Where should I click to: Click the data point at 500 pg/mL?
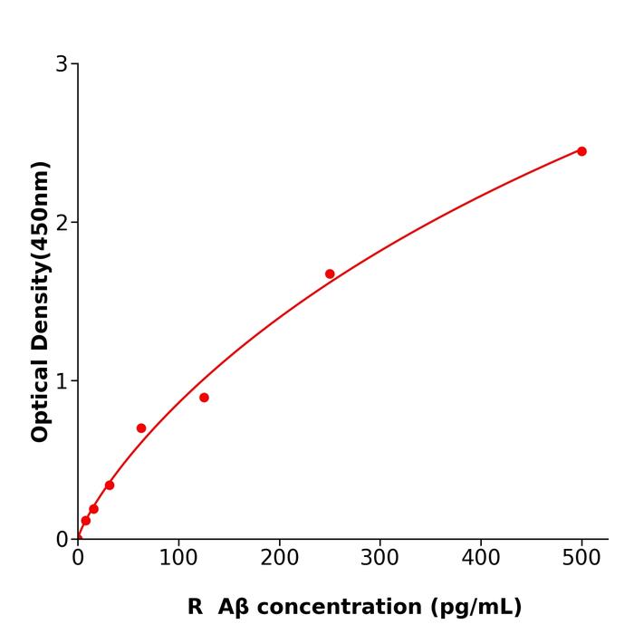581,151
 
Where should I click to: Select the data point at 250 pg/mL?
330,274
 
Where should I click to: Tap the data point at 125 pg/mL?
204,398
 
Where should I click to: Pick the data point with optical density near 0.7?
141,428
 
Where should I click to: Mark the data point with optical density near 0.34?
110,485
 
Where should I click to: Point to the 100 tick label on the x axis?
178,558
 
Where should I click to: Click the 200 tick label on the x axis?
279,558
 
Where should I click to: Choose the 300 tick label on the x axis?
379,558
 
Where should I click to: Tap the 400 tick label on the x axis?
481,558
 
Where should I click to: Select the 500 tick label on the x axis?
581,558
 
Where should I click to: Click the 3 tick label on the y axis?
62,64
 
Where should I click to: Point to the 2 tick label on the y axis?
62,223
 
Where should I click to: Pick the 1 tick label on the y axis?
62,381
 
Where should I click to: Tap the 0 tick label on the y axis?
62,540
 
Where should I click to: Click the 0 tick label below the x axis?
78,558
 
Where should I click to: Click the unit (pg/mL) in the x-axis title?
475,607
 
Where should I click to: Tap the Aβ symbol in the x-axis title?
232,607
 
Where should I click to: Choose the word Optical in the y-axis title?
40,399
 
